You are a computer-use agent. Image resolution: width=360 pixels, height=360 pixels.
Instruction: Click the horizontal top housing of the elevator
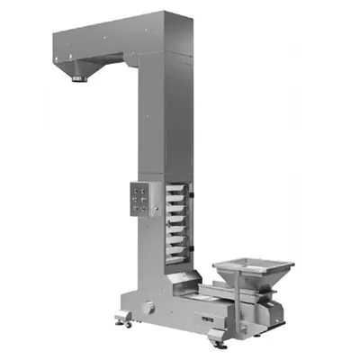pyautogui.click(x=117, y=36)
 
